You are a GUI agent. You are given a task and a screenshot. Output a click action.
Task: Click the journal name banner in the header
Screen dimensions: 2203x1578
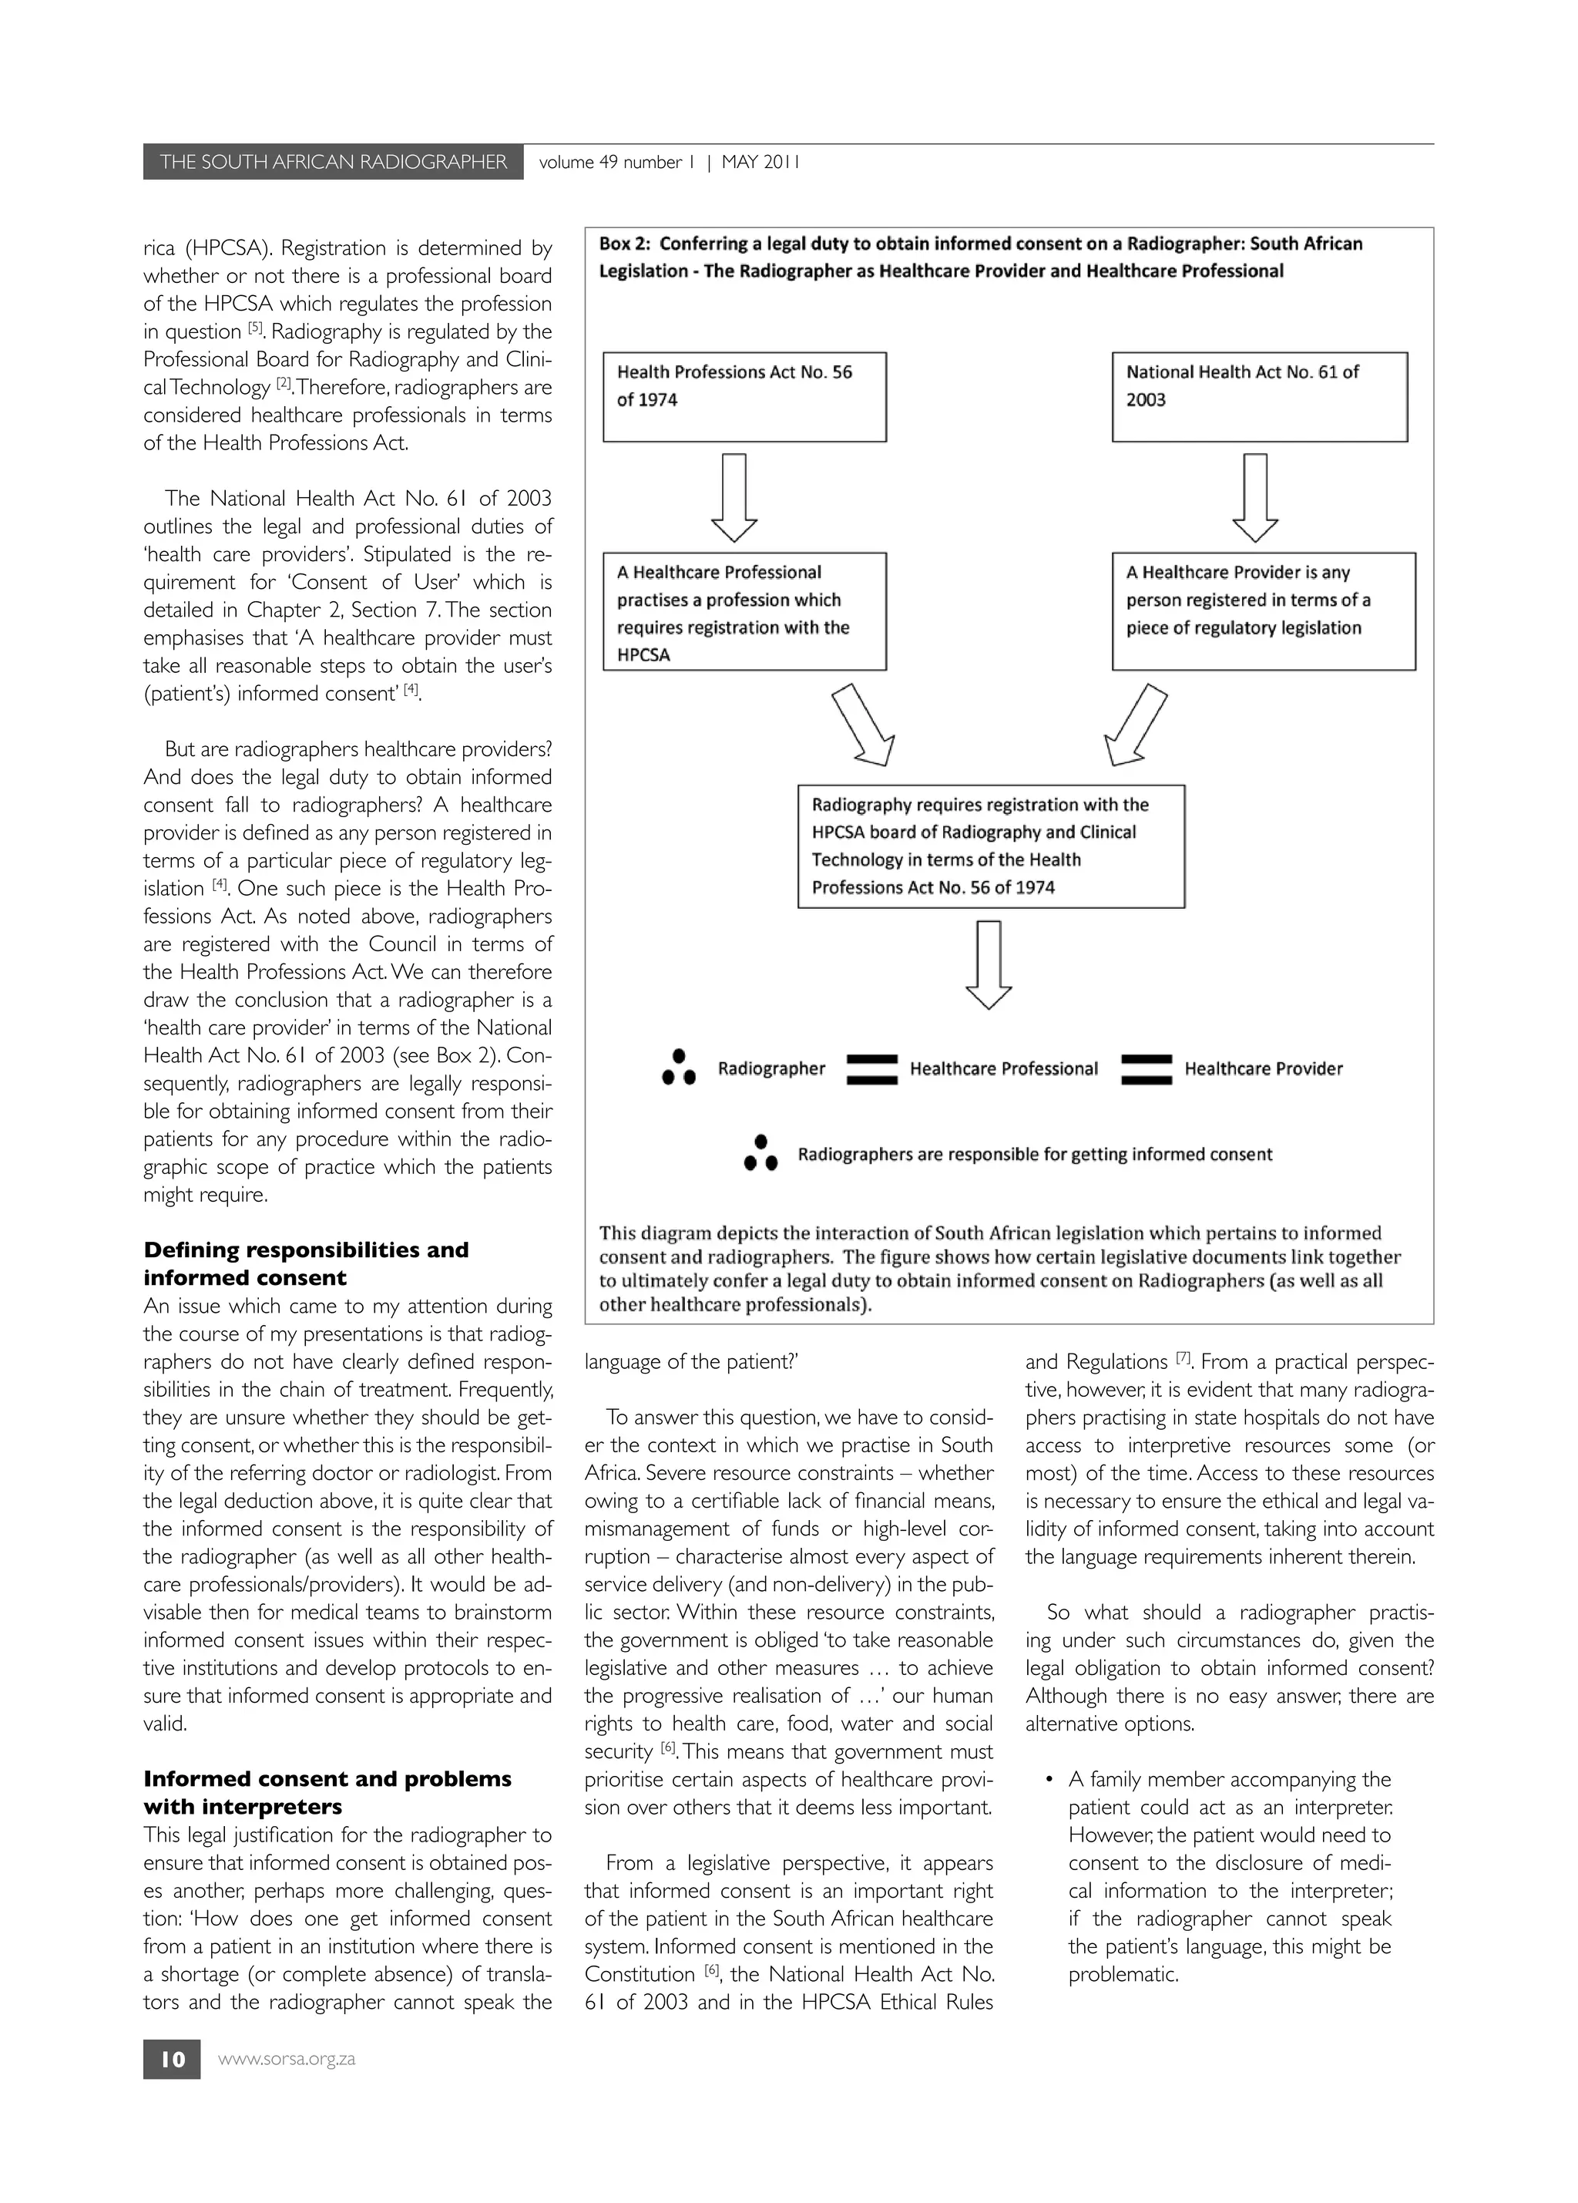click(332, 162)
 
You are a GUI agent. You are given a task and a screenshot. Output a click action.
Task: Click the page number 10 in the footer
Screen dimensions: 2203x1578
click(172, 2059)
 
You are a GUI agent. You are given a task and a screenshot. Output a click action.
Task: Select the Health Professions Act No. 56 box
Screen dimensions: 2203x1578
click(744, 396)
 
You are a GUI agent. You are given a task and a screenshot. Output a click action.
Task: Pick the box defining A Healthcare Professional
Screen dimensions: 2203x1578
click(744, 611)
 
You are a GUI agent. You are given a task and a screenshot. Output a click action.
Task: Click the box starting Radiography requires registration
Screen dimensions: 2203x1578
click(991, 846)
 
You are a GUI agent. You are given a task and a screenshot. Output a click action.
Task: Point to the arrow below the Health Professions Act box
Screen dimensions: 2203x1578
click(734, 496)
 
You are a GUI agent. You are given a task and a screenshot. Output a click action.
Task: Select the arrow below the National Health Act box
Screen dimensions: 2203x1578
click(1254, 496)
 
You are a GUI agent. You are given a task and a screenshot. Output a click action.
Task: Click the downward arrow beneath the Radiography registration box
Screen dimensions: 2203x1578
click(989, 964)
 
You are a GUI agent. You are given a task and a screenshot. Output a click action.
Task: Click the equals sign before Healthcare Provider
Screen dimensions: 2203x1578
click(1146, 1068)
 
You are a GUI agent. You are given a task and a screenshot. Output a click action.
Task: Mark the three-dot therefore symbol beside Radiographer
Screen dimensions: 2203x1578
click(679, 1068)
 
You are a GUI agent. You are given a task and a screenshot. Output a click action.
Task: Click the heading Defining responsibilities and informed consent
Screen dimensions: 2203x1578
click(305, 1263)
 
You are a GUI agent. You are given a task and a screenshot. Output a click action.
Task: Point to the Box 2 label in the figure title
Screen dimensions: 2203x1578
click(624, 244)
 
